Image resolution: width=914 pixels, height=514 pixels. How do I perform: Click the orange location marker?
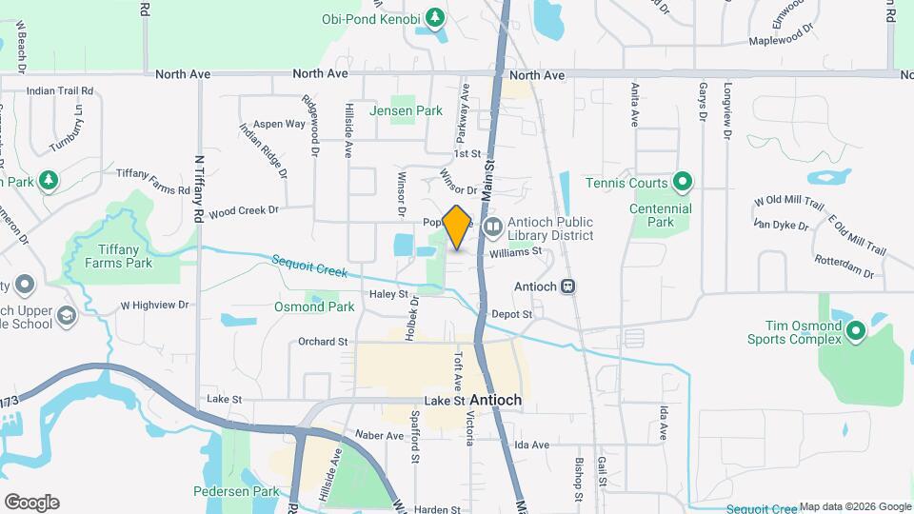coord(457,227)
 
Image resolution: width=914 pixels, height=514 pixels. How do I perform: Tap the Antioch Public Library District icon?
coord(492,227)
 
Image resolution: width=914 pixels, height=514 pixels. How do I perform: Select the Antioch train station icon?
coord(568,286)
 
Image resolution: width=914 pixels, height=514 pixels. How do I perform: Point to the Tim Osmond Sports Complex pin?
coord(855,331)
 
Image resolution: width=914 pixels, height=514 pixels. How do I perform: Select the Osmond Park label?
coord(314,306)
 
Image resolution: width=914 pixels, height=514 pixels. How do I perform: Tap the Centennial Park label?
coord(661,215)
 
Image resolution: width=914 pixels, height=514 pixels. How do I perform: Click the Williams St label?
coord(515,252)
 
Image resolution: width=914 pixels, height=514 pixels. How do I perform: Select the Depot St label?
coord(511,313)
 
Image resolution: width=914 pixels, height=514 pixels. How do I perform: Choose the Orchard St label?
coord(323,342)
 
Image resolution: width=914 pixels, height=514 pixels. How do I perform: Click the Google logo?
coord(31,503)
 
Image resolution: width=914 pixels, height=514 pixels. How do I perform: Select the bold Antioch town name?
coord(495,401)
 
